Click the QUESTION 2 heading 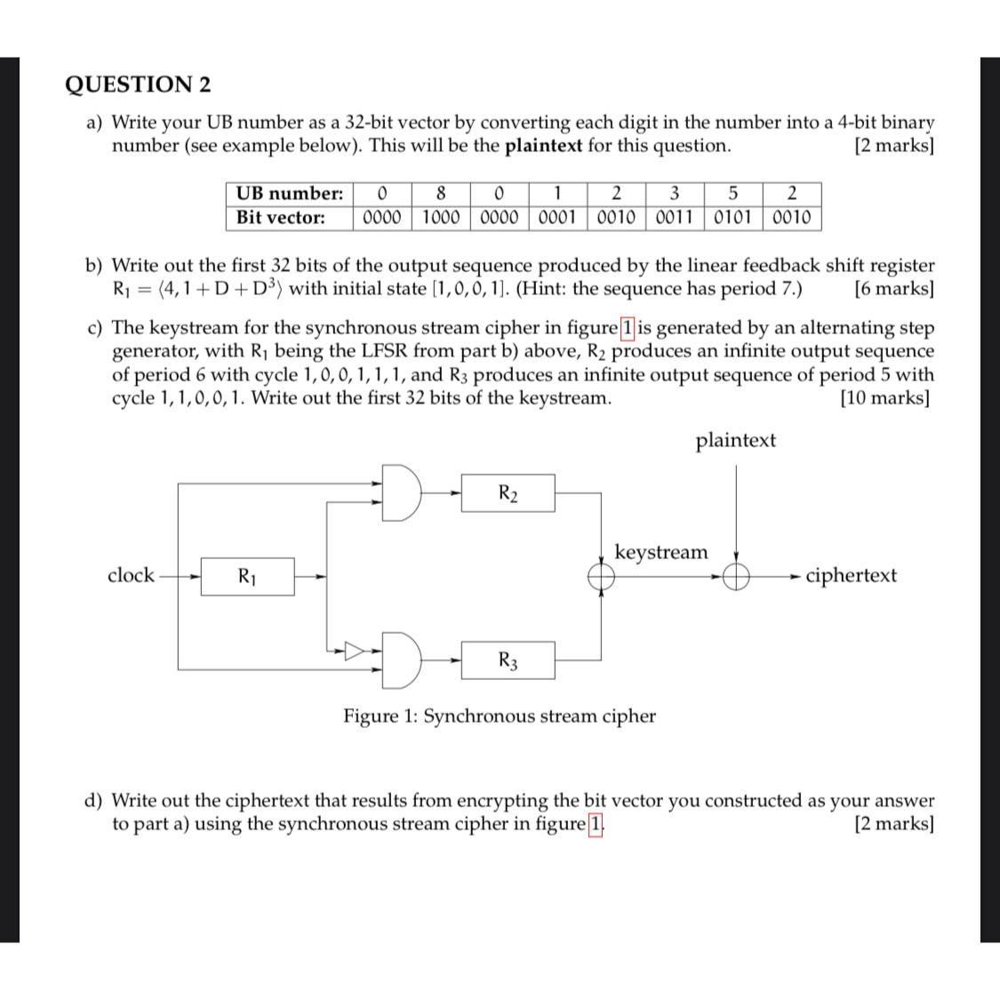coord(139,84)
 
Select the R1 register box coord(247,576)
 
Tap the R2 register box coord(508,493)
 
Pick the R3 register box coord(508,660)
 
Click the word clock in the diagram coord(131,575)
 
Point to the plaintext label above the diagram coord(735,440)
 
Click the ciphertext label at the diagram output coord(851,575)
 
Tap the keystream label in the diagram coord(661,552)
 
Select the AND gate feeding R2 coord(402,491)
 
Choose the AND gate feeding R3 coord(402,660)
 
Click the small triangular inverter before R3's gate coord(355,651)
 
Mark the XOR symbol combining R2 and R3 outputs coord(602,577)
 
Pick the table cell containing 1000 coord(441,217)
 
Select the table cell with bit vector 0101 coord(733,217)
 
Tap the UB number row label coord(289,193)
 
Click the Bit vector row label coord(280,217)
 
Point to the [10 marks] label coord(885,397)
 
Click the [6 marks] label coord(892,288)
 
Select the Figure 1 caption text coord(500,716)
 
